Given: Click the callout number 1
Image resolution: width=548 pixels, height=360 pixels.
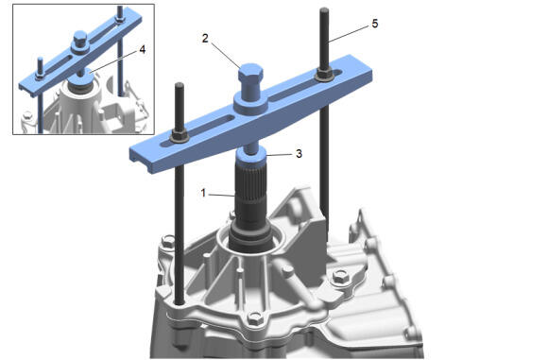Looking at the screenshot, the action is tap(203, 193).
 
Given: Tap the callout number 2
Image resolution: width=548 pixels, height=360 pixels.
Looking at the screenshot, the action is tap(205, 38).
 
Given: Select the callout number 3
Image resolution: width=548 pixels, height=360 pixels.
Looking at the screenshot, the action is tap(299, 153).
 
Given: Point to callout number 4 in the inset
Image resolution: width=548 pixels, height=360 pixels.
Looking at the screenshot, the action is tap(143, 50).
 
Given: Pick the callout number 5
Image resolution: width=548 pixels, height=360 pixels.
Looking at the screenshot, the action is tap(375, 24).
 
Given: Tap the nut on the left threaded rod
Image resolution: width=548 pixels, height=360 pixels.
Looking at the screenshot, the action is tap(180, 137).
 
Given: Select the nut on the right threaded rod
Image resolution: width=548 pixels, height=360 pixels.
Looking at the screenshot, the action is tap(325, 75).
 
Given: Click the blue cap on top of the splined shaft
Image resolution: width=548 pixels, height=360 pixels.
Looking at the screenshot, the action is tap(251, 156).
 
